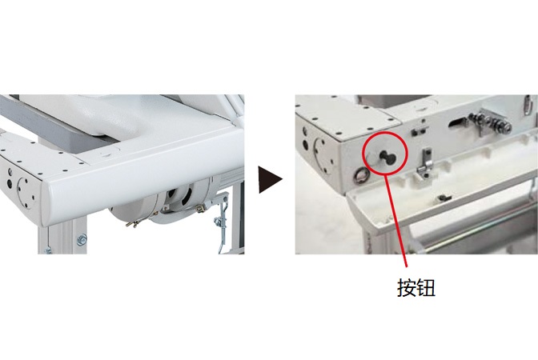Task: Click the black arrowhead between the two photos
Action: click(x=269, y=180)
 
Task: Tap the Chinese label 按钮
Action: click(x=416, y=287)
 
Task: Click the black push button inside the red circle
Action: click(x=387, y=158)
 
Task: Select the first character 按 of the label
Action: click(x=406, y=287)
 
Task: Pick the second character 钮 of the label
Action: click(x=426, y=287)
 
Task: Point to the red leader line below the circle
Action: click(x=396, y=220)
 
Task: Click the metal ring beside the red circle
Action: click(x=361, y=175)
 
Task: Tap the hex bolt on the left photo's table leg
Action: click(x=82, y=240)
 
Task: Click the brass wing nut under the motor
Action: click(x=134, y=224)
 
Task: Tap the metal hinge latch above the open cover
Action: click(x=424, y=164)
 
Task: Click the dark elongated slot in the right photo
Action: click(x=457, y=122)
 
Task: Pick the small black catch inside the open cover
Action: click(x=445, y=198)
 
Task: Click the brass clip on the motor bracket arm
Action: click(x=202, y=208)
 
